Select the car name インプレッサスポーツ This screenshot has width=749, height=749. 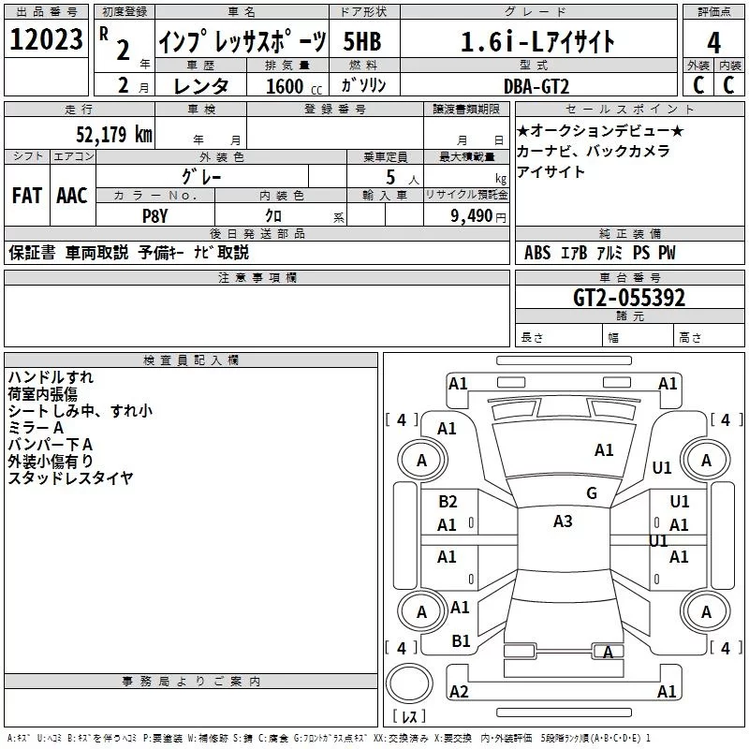coord(242,42)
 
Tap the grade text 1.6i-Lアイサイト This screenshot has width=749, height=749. coord(538,42)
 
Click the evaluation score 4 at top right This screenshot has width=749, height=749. coord(714,42)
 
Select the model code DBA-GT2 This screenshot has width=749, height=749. coord(536,85)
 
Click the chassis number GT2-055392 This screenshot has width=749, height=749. coord(629,299)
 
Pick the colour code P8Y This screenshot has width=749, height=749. coord(154,214)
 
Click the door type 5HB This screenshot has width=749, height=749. coord(362,42)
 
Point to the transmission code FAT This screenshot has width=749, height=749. coord(27,196)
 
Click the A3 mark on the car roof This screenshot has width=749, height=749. coord(563,521)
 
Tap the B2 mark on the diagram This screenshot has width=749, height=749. coord(448,502)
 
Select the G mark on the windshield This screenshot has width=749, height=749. coord(592,493)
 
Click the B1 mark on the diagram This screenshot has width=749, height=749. coord(461,640)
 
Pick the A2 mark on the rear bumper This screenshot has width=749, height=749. coord(459,691)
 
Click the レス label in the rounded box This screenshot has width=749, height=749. coord(408,718)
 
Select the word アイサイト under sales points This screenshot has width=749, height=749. coord(551,171)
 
